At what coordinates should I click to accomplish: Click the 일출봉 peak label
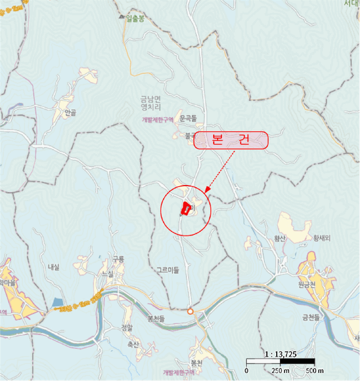coord(135,19)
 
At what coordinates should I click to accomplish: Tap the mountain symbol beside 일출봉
coord(122,17)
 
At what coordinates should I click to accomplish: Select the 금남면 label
coord(151,99)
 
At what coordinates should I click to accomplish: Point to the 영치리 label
coord(151,108)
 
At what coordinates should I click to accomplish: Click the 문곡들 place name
coord(188,118)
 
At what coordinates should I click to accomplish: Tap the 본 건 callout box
coord(232,139)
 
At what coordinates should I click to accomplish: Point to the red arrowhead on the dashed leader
coord(207,190)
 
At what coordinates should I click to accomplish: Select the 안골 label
coord(70,113)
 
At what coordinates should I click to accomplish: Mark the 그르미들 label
coord(167,269)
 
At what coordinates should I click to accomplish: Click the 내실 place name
coord(54,267)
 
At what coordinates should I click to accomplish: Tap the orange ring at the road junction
coord(190,311)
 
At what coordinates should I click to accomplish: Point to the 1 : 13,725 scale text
coord(280,354)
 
